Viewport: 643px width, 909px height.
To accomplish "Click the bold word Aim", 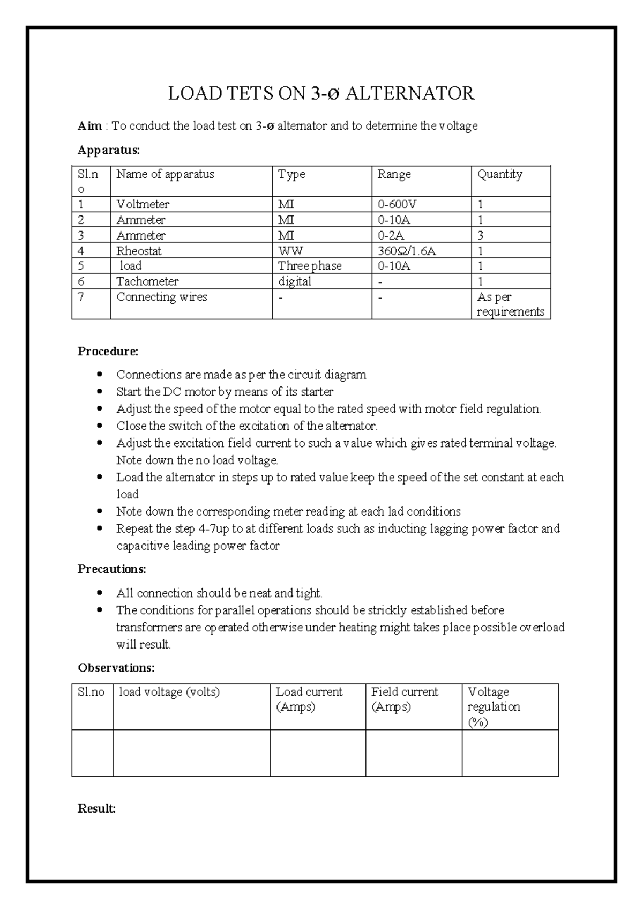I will [x=89, y=126].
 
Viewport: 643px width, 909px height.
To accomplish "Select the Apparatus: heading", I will [x=109, y=150].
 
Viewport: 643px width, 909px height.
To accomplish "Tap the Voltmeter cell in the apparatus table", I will [x=143, y=205].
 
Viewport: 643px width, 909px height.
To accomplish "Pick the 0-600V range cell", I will [x=397, y=205].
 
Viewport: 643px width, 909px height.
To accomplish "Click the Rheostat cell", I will [x=139, y=251].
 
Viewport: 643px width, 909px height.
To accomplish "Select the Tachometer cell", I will [x=147, y=281].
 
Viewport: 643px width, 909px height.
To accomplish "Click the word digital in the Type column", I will [x=295, y=281].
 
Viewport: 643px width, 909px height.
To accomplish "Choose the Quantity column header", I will [x=499, y=175].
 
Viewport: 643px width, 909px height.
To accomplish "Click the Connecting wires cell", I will [x=162, y=297].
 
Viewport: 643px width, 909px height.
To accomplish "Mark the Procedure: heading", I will [x=108, y=352].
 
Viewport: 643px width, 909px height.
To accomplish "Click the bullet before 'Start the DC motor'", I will [x=100, y=392].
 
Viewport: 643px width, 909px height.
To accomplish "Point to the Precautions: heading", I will [x=112, y=569].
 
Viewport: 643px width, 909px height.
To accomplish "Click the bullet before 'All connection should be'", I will [x=100, y=593].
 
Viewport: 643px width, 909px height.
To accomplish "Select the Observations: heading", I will [x=116, y=668].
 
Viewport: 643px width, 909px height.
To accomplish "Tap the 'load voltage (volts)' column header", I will [x=169, y=692].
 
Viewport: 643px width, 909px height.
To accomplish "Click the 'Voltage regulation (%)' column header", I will [x=494, y=706].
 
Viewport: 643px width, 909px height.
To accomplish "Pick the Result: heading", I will [x=97, y=809].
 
